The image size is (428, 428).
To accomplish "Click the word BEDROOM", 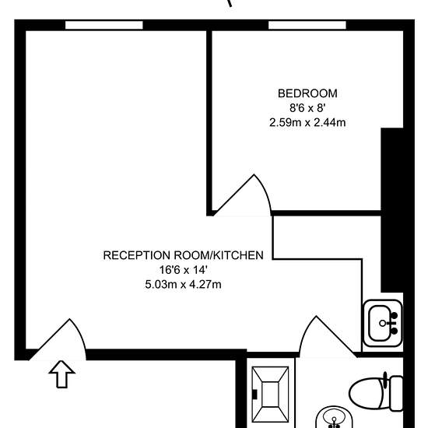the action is pos(307,93).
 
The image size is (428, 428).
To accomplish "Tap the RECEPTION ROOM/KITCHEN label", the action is pos(183,255).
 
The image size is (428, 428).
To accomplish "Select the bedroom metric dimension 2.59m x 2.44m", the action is pos(307,122).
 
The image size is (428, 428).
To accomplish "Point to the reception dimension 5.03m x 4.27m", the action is pos(183,285).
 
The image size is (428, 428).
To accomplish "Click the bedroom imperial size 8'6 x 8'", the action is pos(307,108).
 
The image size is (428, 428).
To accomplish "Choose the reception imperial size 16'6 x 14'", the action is pos(183,270).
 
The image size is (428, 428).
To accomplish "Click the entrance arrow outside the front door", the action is pos(61,374).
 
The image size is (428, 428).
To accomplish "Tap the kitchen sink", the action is pos(382,323).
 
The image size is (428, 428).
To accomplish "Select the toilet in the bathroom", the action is pos(376,392).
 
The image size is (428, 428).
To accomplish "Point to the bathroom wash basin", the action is pos(334,418).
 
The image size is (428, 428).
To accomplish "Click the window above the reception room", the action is pos(104,25).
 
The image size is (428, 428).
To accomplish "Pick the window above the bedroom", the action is pos(307,25).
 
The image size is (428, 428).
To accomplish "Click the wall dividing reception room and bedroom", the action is pos(209,123).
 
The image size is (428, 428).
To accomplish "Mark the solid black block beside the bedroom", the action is pos(392,210).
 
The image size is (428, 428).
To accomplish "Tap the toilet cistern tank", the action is pos(397,393).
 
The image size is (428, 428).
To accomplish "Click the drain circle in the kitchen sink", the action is pos(382,323).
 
